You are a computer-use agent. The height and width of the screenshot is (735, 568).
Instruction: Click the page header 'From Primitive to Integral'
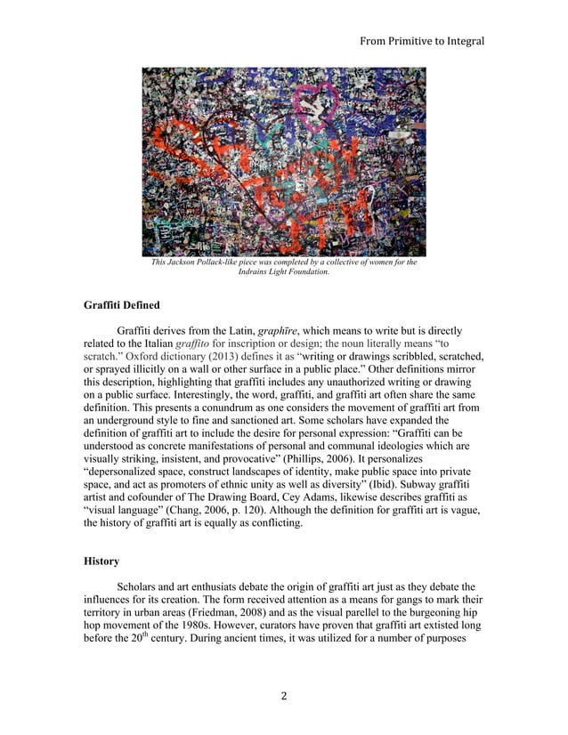pos(418,41)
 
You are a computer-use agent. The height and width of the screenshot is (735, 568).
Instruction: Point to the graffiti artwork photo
pos(284,161)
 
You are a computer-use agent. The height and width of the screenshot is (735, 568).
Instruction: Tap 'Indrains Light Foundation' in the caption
pos(284,271)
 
